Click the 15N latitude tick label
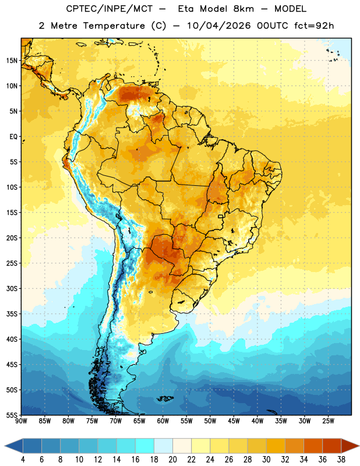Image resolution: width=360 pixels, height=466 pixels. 12,61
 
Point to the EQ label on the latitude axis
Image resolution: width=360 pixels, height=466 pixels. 13,137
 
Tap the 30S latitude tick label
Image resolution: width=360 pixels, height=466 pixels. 12,288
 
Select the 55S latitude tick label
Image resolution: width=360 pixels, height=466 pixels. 12,415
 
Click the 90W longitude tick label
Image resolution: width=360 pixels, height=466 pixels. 21,421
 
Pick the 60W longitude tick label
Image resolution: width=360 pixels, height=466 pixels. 163,421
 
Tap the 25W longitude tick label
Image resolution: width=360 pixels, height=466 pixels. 328,421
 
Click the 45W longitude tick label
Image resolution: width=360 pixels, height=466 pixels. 234,421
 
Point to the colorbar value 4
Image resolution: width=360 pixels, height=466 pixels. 23,460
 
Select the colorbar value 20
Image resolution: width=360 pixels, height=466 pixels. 172,460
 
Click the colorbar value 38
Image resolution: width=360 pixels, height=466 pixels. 341,460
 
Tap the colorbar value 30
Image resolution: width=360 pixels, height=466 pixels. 266,460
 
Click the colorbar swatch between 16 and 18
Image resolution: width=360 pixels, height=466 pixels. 145,446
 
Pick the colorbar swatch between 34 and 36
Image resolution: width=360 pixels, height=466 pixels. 313,446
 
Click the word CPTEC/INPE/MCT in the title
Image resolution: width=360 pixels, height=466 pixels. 110,9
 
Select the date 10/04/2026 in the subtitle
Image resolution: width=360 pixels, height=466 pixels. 218,26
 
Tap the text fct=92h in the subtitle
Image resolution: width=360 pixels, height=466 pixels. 314,26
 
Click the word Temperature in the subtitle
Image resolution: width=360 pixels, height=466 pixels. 114,26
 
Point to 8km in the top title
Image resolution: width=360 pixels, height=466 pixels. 243,9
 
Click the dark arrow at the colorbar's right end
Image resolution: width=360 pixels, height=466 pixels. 350,446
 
